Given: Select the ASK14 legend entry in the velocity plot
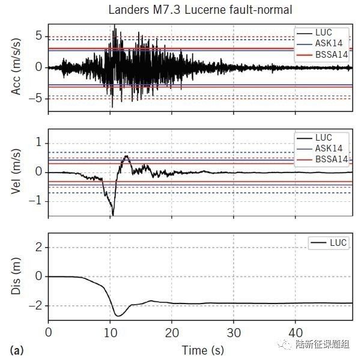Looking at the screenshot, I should (x=330, y=148).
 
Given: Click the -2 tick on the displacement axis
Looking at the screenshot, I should (x=37, y=306).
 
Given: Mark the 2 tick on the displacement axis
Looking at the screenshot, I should (x=40, y=248).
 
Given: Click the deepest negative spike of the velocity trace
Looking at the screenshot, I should (x=112, y=215).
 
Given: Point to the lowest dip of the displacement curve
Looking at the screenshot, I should (x=118, y=316).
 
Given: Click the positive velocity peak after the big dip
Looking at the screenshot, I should (x=126, y=156).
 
